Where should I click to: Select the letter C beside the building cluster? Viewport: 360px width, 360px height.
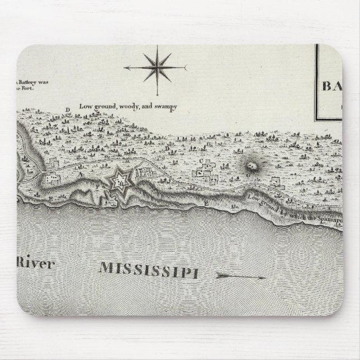tap(200, 161)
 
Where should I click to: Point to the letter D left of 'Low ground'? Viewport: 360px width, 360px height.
tap(67, 110)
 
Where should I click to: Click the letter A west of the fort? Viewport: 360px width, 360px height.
tap(80, 175)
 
